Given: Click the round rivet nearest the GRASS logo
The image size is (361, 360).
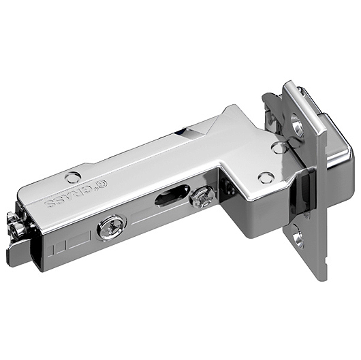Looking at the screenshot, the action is [73, 177].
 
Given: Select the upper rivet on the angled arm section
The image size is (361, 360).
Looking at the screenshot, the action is [279, 148].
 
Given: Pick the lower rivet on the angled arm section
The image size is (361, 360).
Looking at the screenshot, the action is [266, 178].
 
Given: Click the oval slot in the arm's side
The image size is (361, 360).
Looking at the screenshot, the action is [172, 198].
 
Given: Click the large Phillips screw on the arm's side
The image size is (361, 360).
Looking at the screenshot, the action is [112, 228].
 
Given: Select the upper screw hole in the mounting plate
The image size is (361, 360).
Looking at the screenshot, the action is [298, 126].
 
